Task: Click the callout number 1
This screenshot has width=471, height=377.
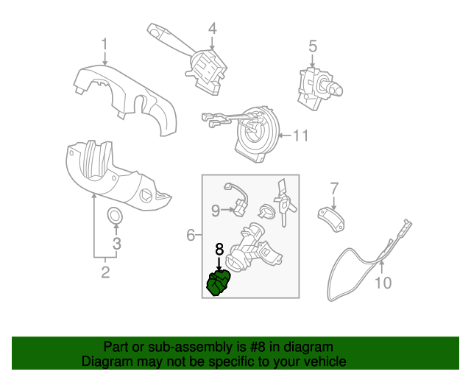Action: pyautogui.click(x=105, y=43)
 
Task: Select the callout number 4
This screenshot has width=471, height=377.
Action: pyautogui.click(x=212, y=29)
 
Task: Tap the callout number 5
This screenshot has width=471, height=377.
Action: pyautogui.click(x=313, y=46)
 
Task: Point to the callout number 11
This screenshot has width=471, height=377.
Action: pyautogui.click(x=300, y=135)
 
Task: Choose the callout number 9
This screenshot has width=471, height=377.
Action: pyautogui.click(x=216, y=211)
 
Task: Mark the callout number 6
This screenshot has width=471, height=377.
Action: pyautogui.click(x=190, y=236)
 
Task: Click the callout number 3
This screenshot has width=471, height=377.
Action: pyautogui.click(x=116, y=243)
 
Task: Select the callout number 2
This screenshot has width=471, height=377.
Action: pyautogui.click(x=105, y=272)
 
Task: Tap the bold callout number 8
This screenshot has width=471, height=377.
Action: pyautogui.click(x=219, y=250)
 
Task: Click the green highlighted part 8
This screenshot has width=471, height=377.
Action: pyautogui.click(x=219, y=283)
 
